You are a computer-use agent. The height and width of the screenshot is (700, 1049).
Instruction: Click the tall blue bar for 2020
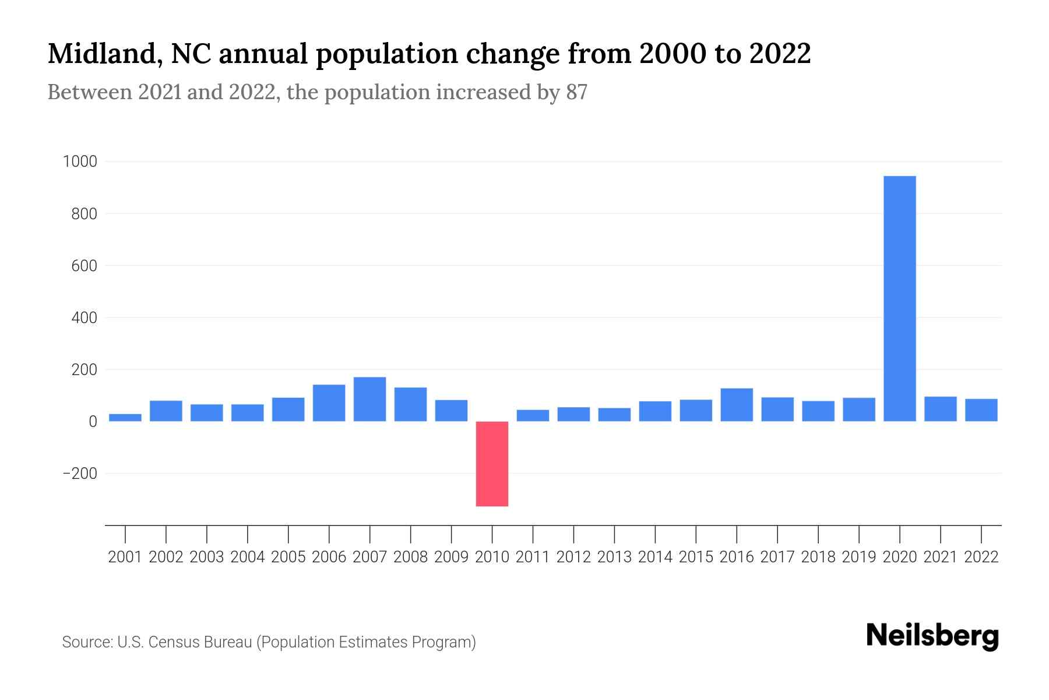tap(899, 299)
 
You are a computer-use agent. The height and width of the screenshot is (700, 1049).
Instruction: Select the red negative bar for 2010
tap(492, 464)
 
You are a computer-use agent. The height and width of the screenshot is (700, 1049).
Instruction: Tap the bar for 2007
tap(369, 400)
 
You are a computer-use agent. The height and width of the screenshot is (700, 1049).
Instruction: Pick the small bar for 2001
tap(125, 418)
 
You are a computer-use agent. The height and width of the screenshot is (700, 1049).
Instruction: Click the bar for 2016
tap(737, 405)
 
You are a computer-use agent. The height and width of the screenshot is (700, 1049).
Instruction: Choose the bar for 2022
tap(981, 410)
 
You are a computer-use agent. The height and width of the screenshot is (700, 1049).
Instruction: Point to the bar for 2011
tap(533, 415)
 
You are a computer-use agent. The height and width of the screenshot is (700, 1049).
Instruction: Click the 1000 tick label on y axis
tap(80, 162)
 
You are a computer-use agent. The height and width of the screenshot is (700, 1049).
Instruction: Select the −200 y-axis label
tap(80, 474)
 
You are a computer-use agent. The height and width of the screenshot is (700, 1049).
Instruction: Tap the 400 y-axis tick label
tap(84, 318)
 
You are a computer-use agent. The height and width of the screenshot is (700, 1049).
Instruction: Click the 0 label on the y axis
tap(93, 422)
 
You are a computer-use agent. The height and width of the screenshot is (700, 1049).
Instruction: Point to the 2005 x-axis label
tap(288, 557)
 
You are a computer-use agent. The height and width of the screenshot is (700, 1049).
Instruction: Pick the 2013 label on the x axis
tap(614, 557)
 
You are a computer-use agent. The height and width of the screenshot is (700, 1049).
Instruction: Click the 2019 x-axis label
tap(859, 557)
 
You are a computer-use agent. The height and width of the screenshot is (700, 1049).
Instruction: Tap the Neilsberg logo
tap(932, 636)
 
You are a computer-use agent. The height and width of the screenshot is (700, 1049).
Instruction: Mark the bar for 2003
tap(207, 412)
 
